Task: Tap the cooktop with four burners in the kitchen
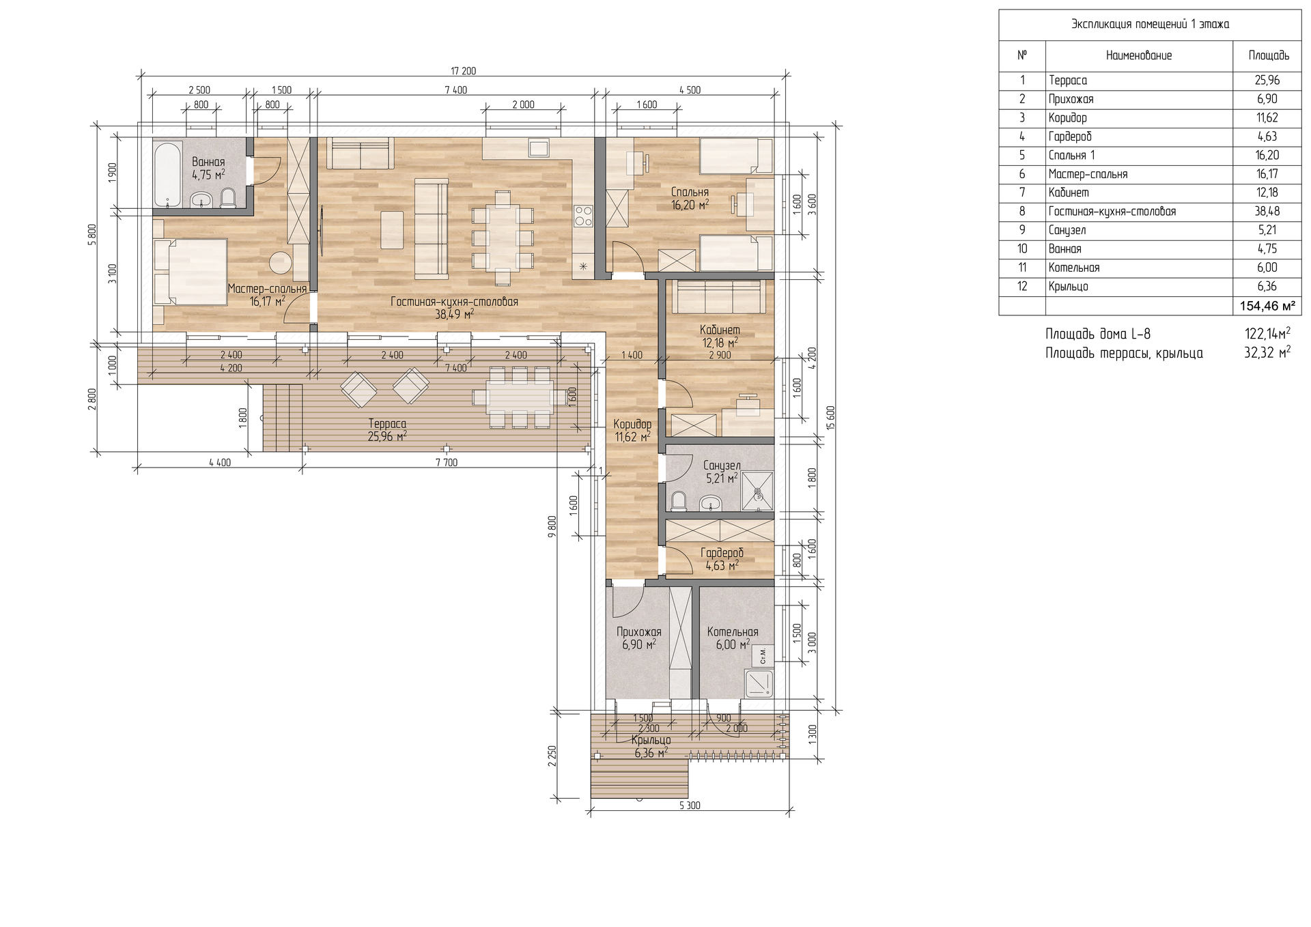pyautogui.click(x=584, y=216)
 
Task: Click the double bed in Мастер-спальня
pyautogui.click(x=191, y=272)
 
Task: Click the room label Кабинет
pyautogui.click(x=720, y=330)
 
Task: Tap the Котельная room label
pyautogui.click(x=733, y=632)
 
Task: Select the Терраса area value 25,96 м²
pyautogui.click(x=387, y=436)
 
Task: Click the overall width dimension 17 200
pyautogui.click(x=464, y=71)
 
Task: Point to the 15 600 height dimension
pyautogui.click(x=830, y=418)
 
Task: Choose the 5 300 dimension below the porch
pyautogui.click(x=690, y=805)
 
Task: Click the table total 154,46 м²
pyautogui.click(x=1267, y=306)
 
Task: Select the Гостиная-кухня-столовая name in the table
pyautogui.click(x=1112, y=212)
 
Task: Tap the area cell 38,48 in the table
pyautogui.click(x=1267, y=212)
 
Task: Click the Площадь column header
pyautogui.click(x=1269, y=55)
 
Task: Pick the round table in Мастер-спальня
pyautogui.click(x=280, y=262)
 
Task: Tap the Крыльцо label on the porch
pyautogui.click(x=651, y=740)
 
